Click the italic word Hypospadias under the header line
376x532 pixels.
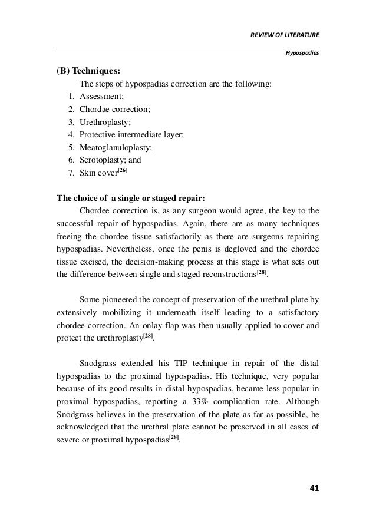[302, 52]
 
